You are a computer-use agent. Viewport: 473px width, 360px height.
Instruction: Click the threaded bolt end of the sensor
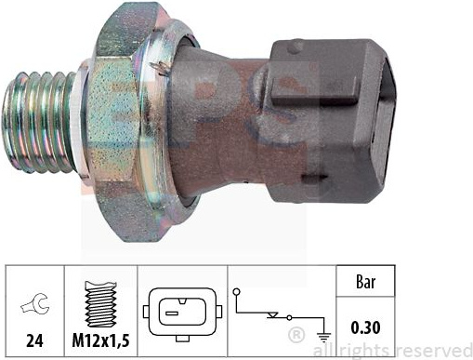[39, 122]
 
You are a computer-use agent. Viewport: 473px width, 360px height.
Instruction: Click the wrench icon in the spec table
[35, 304]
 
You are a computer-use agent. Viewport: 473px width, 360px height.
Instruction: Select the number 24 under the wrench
[34, 340]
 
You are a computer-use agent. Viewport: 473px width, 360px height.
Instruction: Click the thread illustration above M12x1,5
[101, 304]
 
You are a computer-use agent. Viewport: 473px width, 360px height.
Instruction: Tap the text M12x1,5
[100, 340]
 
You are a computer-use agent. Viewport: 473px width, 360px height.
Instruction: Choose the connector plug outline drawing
[182, 314]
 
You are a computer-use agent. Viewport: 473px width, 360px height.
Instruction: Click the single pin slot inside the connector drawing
[172, 313]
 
